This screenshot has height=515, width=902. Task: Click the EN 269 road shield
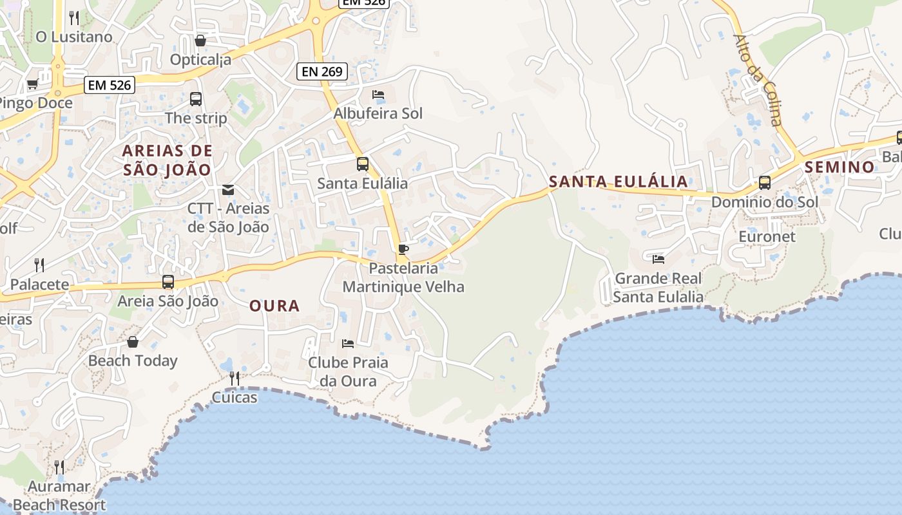coord(322,71)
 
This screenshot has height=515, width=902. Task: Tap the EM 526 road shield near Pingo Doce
coord(109,84)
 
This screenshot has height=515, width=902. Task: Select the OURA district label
coord(274,306)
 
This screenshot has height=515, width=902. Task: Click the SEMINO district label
coord(840,167)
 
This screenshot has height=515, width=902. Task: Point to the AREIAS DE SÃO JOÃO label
coord(168,160)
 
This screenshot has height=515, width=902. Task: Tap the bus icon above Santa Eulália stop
coord(363,164)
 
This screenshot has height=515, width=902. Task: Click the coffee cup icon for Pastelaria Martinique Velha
coord(403,250)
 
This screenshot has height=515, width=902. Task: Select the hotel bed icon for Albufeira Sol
coord(378,95)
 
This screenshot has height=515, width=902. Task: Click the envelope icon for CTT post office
coord(228,190)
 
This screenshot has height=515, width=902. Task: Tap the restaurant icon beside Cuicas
coord(235,378)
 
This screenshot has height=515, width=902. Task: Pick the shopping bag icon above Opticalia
coord(200,41)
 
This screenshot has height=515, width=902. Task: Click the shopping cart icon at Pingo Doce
coord(32,84)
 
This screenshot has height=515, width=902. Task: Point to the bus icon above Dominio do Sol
coord(765,183)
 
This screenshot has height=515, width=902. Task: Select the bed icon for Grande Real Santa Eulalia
coord(658,259)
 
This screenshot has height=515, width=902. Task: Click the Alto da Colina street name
coord(758,79)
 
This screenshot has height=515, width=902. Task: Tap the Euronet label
coord(767,236)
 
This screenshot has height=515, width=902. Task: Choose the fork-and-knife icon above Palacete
coord(39,265)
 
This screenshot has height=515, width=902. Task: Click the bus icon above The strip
coord(196,99)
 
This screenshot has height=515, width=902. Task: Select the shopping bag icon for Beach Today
coord(133,342)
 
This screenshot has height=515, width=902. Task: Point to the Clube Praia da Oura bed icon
coord(348,343)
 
